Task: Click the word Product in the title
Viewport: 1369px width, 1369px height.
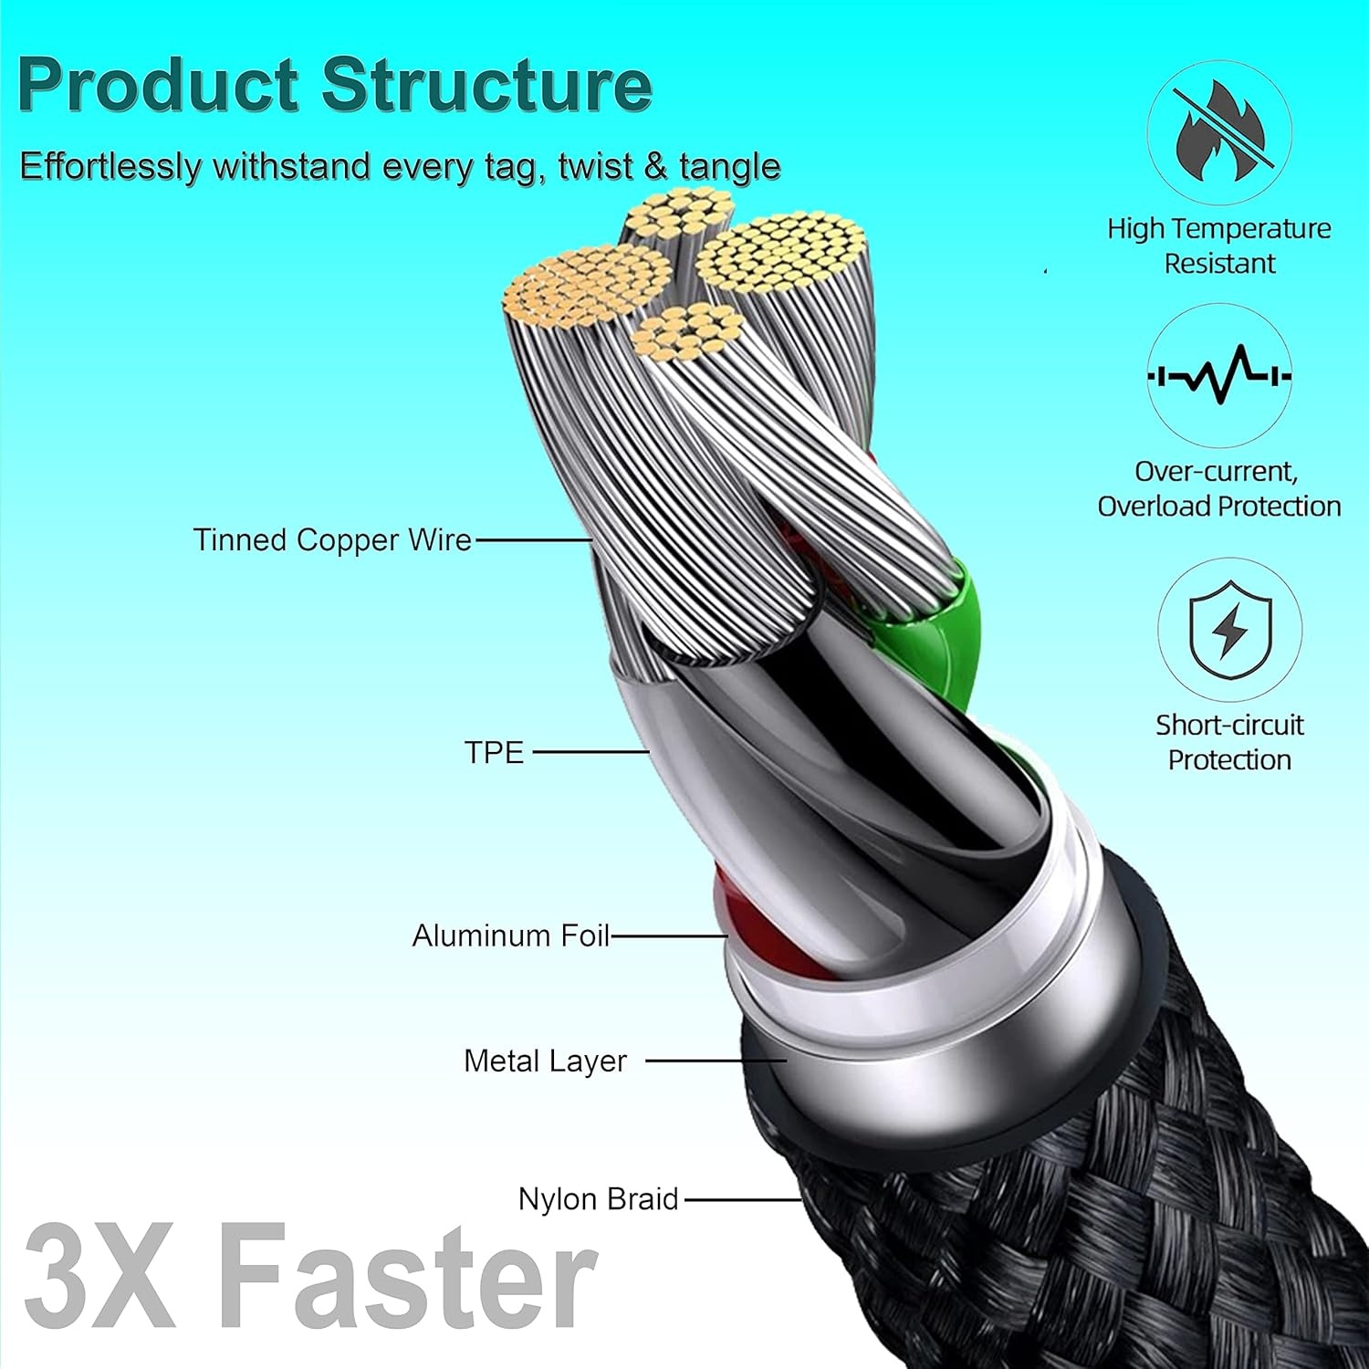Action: [x=159, y=84]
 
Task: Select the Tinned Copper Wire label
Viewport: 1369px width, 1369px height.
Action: [x=332, y=539]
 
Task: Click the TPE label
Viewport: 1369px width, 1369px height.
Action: [x=494, y=752]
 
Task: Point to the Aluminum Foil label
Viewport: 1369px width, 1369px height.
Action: [x=510, y=935]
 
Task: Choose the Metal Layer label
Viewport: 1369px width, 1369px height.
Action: [x=545, y=1061]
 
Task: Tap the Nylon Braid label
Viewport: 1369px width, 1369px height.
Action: [x=598, y=1198]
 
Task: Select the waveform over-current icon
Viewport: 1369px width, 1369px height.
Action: [x=1218, y=375]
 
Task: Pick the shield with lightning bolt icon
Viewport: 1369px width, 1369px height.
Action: [x=1229, y=629]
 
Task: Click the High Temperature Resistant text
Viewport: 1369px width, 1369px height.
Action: [x=1218, y=246]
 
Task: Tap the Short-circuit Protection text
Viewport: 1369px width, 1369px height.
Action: [x=1229, y=742]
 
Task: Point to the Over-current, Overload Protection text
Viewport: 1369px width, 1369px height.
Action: [x=1218, y=488]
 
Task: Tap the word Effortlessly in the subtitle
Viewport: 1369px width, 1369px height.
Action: [x=109, y=167]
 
